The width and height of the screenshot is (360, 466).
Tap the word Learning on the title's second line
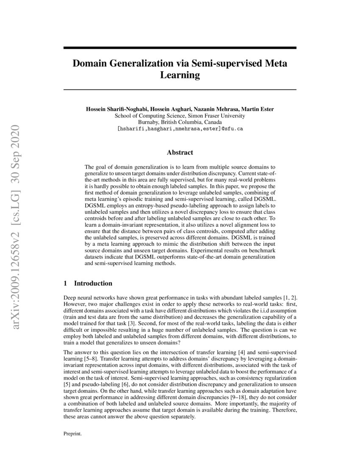[180, 76]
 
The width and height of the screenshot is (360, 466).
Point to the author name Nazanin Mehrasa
[210, 109]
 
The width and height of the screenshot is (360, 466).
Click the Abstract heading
[180, 153]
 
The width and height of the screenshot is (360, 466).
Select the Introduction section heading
[93, 283]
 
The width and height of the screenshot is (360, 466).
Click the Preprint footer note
[72, 434]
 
